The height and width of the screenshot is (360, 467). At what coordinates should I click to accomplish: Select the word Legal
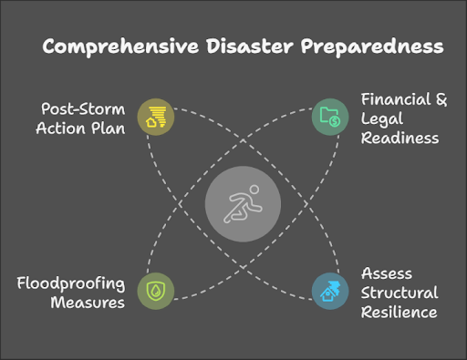pos(382,118)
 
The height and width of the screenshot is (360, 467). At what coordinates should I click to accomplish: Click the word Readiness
pos(400,138)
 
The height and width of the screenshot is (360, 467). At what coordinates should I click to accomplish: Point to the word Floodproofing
pos(70,282)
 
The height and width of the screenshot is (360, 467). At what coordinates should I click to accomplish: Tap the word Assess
pos(388,273)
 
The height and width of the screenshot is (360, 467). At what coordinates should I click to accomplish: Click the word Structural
pos(400,293)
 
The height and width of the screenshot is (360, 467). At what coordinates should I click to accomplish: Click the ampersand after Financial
pos(441,99)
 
